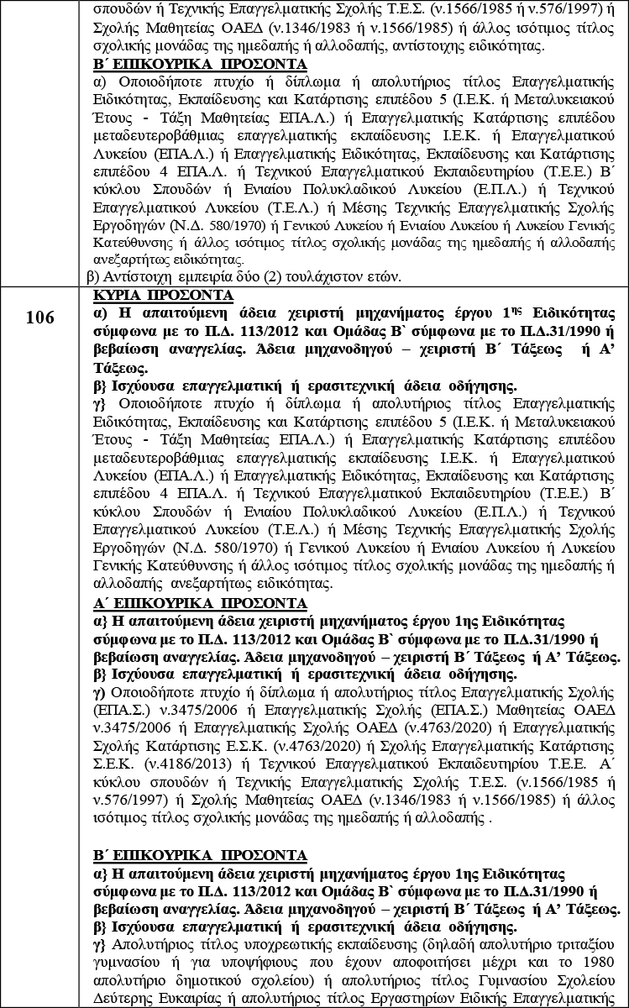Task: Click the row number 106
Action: click(x=39, y=317)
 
